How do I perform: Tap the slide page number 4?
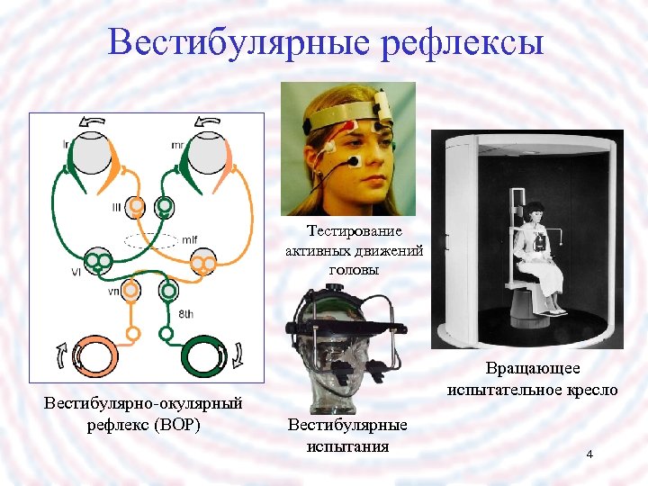pyautogui.click(x=589, y=454)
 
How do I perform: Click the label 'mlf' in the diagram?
pyautogui.click(x=189, y=239)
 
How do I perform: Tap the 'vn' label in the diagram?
pyautogui.click(x=113, y=292)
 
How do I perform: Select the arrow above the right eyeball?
pyautogui.click(x=208, y=122)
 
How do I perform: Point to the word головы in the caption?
pyautogui.click(x=355, y=269)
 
